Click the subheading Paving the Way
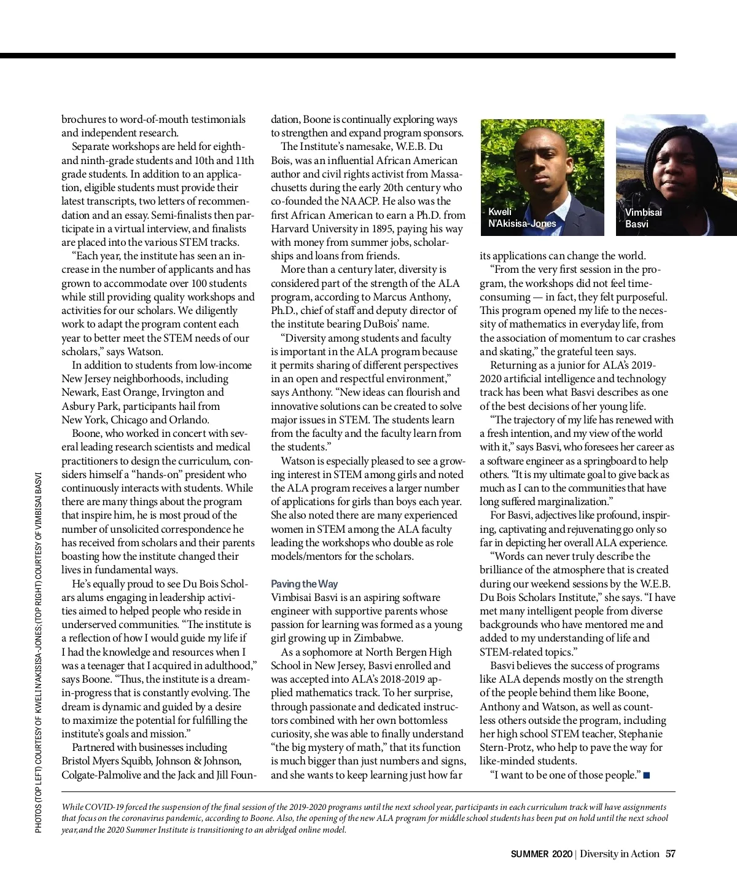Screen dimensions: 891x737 pyautogui.click(x=304, y=584)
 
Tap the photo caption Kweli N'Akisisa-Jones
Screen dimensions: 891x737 pyautogui.click(x=521, y=218)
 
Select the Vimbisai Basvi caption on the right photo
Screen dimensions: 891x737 pyautogui.click(x=643, y=218)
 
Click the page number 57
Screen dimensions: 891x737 pyautogui.click(x=671, y=854)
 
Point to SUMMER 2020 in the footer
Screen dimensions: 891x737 pyautogui.click(x=540, y=854)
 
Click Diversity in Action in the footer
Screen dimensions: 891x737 pyautogui.click(x=619, y=854)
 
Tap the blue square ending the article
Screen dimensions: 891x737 pyautogui.click(x=647, y=775)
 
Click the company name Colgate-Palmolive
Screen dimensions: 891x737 pyautogui.click(x=101, y=775)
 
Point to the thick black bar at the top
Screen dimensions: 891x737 pyautogui.click(x=338, y=56)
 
